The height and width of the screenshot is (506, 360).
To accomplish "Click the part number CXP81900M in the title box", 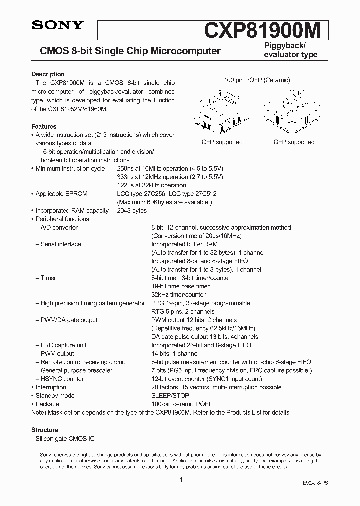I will [x=266, y=31].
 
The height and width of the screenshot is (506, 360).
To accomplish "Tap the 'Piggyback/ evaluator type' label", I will [x=290, y=50].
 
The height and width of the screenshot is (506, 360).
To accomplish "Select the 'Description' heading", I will [x=48, y=74].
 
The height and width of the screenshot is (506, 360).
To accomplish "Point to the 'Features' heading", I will [x=44, y=127].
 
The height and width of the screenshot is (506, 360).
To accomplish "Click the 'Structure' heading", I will [x=45, y=430].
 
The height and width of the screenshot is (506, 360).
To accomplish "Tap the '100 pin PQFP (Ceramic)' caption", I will [x=257, y=80].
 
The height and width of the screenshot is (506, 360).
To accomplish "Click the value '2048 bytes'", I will [x=132, y=211].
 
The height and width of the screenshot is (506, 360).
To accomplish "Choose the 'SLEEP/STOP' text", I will [x=170, y=396].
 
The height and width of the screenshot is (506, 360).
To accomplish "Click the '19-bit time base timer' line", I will [x=180, y=286].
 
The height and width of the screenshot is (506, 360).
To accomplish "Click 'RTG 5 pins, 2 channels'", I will [x=183, y=311].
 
